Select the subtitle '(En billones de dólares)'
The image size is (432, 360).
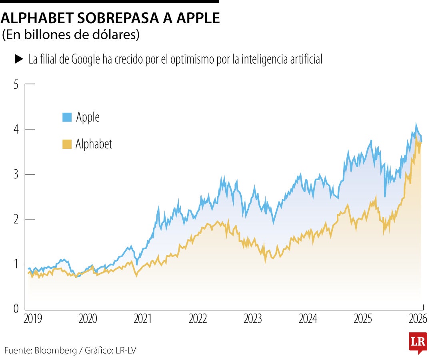click(x=71, y=35)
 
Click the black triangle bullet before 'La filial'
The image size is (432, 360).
click(x=19, y=59)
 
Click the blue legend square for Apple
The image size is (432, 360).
click(x=67, y=117)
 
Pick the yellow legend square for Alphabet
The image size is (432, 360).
click(x=67, y=144)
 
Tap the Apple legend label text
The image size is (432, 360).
click(x=88, y=117)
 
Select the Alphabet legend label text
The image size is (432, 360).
click(x=94, y=144)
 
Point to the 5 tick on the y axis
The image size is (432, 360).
click(x=16, y=84)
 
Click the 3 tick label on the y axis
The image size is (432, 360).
click(x=16, y=174)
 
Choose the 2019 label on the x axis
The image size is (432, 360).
click(x=32, y=319)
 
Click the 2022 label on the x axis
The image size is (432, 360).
click(x=198, y=319)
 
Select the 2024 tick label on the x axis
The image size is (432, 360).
click(x=308, y=319)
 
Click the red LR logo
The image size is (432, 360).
click(x=418, y=342)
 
